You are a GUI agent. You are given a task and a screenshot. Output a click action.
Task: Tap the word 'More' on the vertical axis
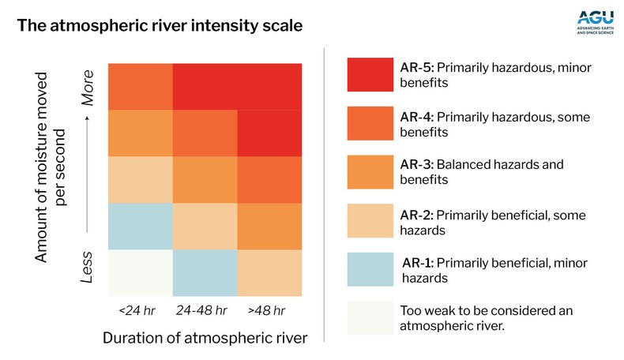pos(88,92)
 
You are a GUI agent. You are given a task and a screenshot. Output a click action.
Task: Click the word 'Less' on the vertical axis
pos(88,269)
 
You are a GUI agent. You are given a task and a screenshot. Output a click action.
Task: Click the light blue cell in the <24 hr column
pos(140,226)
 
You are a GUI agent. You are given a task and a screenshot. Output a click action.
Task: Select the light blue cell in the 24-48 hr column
pos(205,272)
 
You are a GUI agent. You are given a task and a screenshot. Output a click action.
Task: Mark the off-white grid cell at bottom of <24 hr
pos(140,272)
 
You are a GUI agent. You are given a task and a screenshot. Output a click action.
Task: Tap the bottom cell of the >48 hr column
pos(269,272)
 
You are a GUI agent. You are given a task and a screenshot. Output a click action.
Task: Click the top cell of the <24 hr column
pos(140,85)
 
